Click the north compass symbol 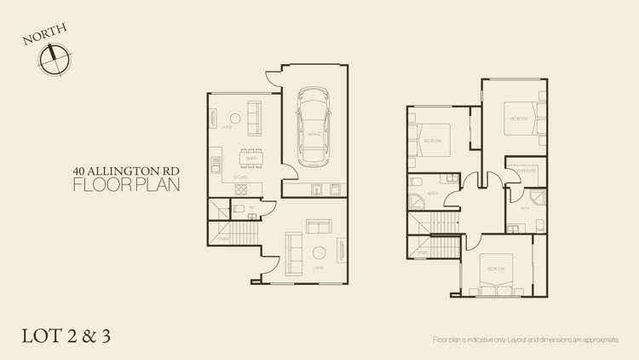pyautogui.click(x=55, y=59)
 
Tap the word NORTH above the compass pyautogui.click(x=44, y=35)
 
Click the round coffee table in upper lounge pyautogui.click(x=233, y=118)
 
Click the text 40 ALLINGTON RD pyautogui.click(x=126, y=171)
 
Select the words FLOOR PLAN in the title pyautogui.click(x=126, y=185)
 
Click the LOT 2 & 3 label pyautogui.click(x=66, y=335)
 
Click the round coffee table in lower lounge pyautogui.click(x=319, y=252)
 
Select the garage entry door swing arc pyautogui.click(x=272, y=78)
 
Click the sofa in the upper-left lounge pyautogui.click(x=254, y=118)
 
